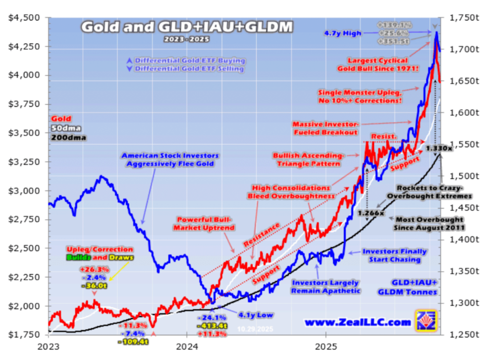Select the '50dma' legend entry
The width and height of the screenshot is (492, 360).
tap(63, 128)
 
